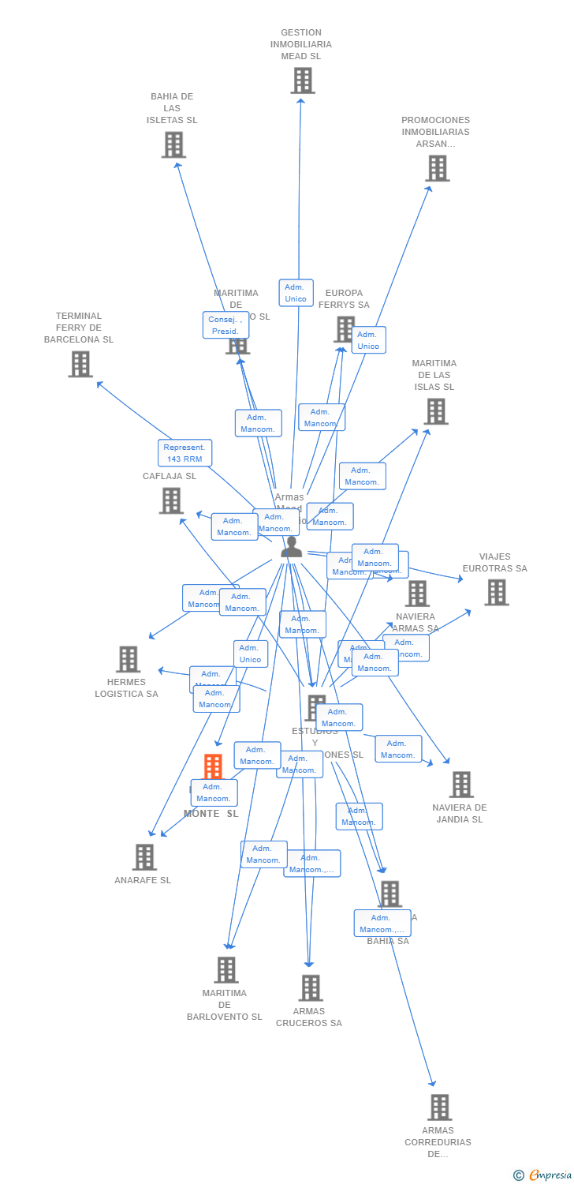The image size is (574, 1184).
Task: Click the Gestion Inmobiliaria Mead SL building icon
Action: (x=302, y=81)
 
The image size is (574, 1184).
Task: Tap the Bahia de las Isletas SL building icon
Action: (x=173, y=144)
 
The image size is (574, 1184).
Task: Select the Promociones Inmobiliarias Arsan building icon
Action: (x=437, y=168)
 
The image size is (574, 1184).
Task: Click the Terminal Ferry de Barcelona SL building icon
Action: (x=80, y=364)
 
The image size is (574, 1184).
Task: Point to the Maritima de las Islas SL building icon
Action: (x=435, y=411)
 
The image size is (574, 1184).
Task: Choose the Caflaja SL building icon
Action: (x=171, y=500)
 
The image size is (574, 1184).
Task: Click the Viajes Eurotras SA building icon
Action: (x=496, y=592)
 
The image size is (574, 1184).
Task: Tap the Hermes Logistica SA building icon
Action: (x=128, y=659)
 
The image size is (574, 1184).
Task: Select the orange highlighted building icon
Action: (x=213, y=766)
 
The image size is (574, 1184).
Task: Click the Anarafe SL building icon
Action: (x=144, y=857)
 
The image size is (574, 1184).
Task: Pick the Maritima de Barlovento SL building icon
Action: (x=226, y=970)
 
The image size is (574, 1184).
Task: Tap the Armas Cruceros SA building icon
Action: (x=311, y=987)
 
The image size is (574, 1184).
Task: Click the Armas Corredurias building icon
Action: (x=439, y=1107)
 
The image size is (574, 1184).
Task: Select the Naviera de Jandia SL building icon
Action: (x=461, y=785)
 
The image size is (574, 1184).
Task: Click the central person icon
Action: (x=292, y=546)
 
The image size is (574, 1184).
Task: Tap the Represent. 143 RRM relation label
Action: (x=184, y=453)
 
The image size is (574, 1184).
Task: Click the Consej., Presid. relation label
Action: (x=225, y=325)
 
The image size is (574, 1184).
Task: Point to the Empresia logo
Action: (x=544, y=1175)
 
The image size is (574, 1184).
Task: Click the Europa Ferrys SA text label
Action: (x=344, y=298)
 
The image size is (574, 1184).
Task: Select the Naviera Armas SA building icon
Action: (x=417, y=594)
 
